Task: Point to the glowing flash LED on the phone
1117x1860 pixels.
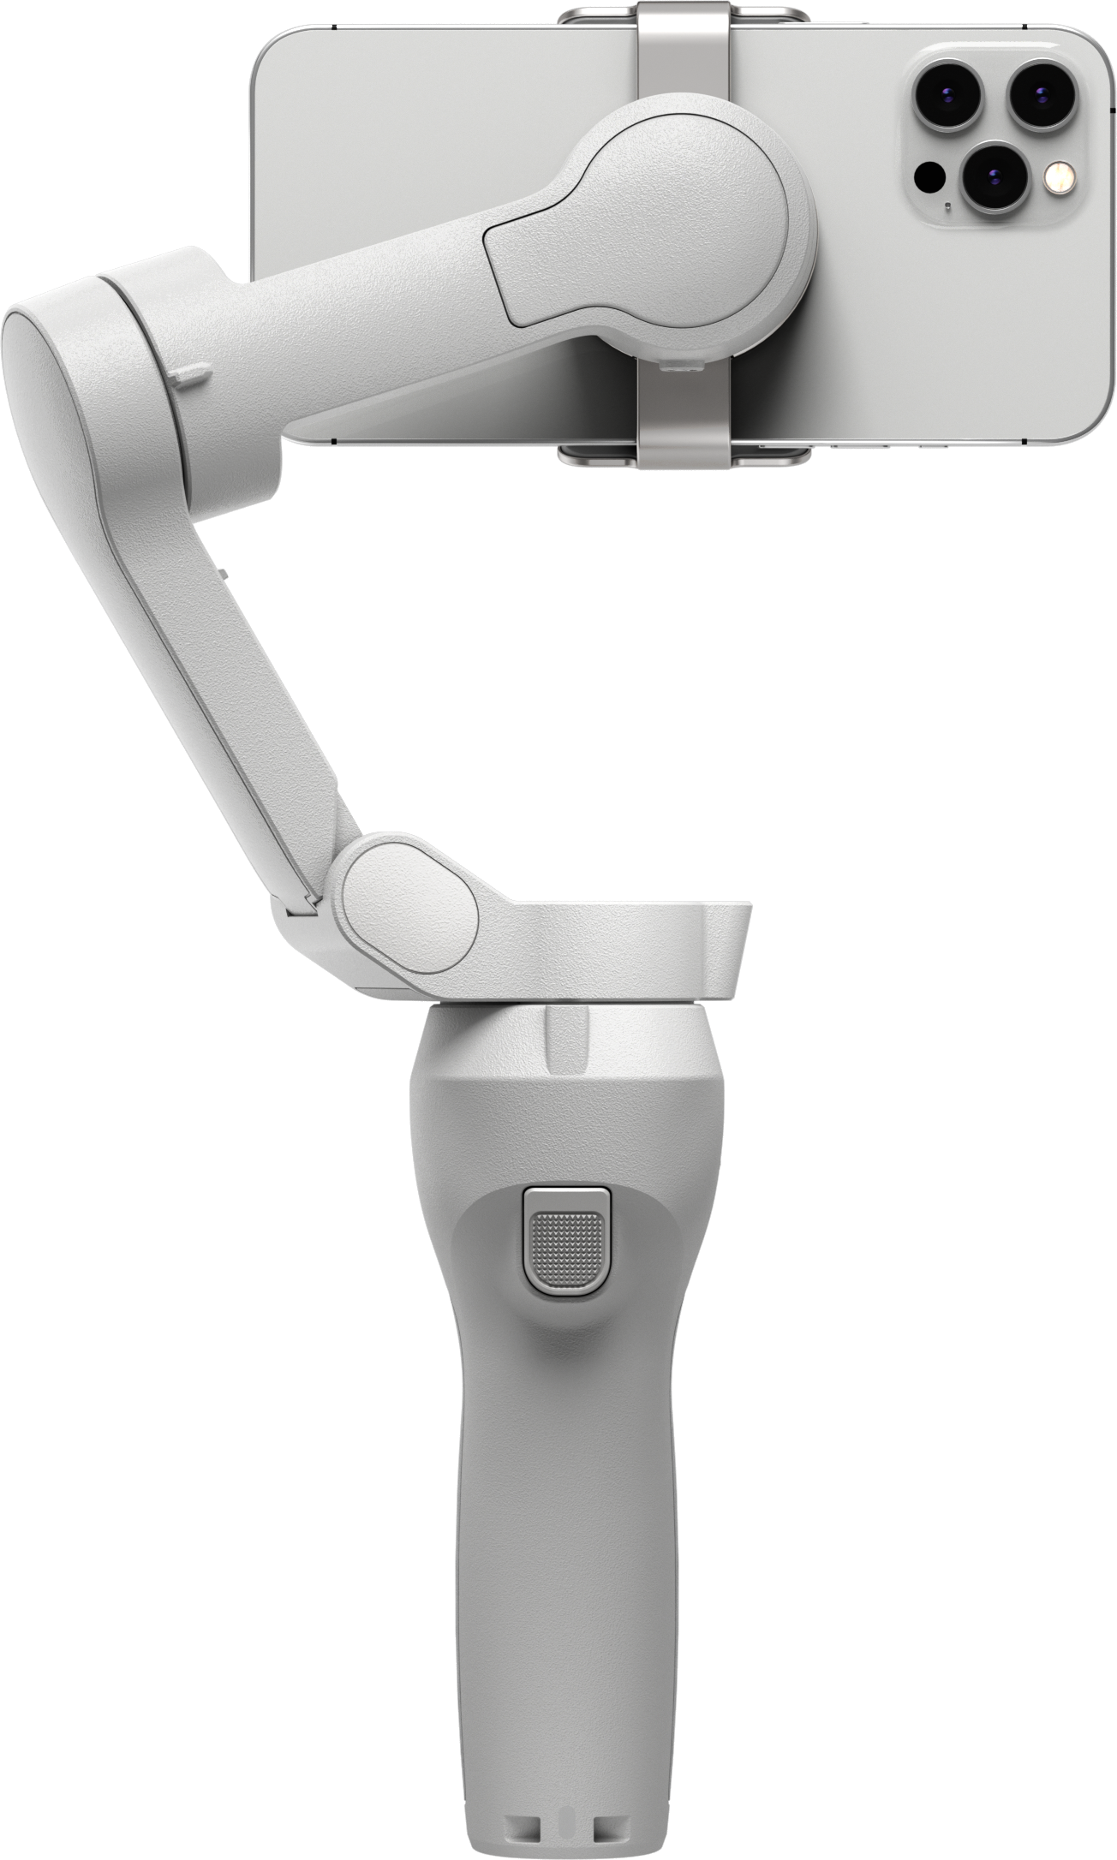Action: point(1060,177)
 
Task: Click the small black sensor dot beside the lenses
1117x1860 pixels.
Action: point(929,178)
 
